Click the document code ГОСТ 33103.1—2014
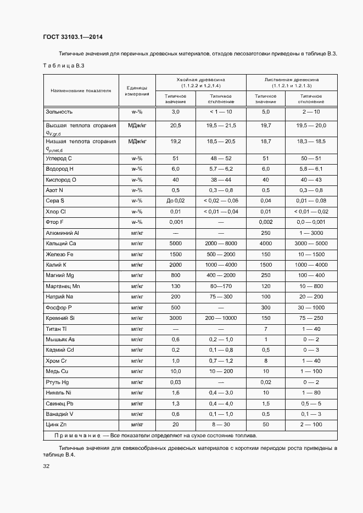72,37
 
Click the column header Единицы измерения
137,91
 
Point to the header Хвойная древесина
201,79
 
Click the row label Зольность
59,112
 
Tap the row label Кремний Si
60,318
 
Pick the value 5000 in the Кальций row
175,243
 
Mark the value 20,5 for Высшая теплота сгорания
175,126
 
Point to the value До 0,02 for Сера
175,201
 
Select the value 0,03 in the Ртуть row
175,382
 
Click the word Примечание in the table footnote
77,436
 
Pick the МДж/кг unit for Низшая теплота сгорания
137,141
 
